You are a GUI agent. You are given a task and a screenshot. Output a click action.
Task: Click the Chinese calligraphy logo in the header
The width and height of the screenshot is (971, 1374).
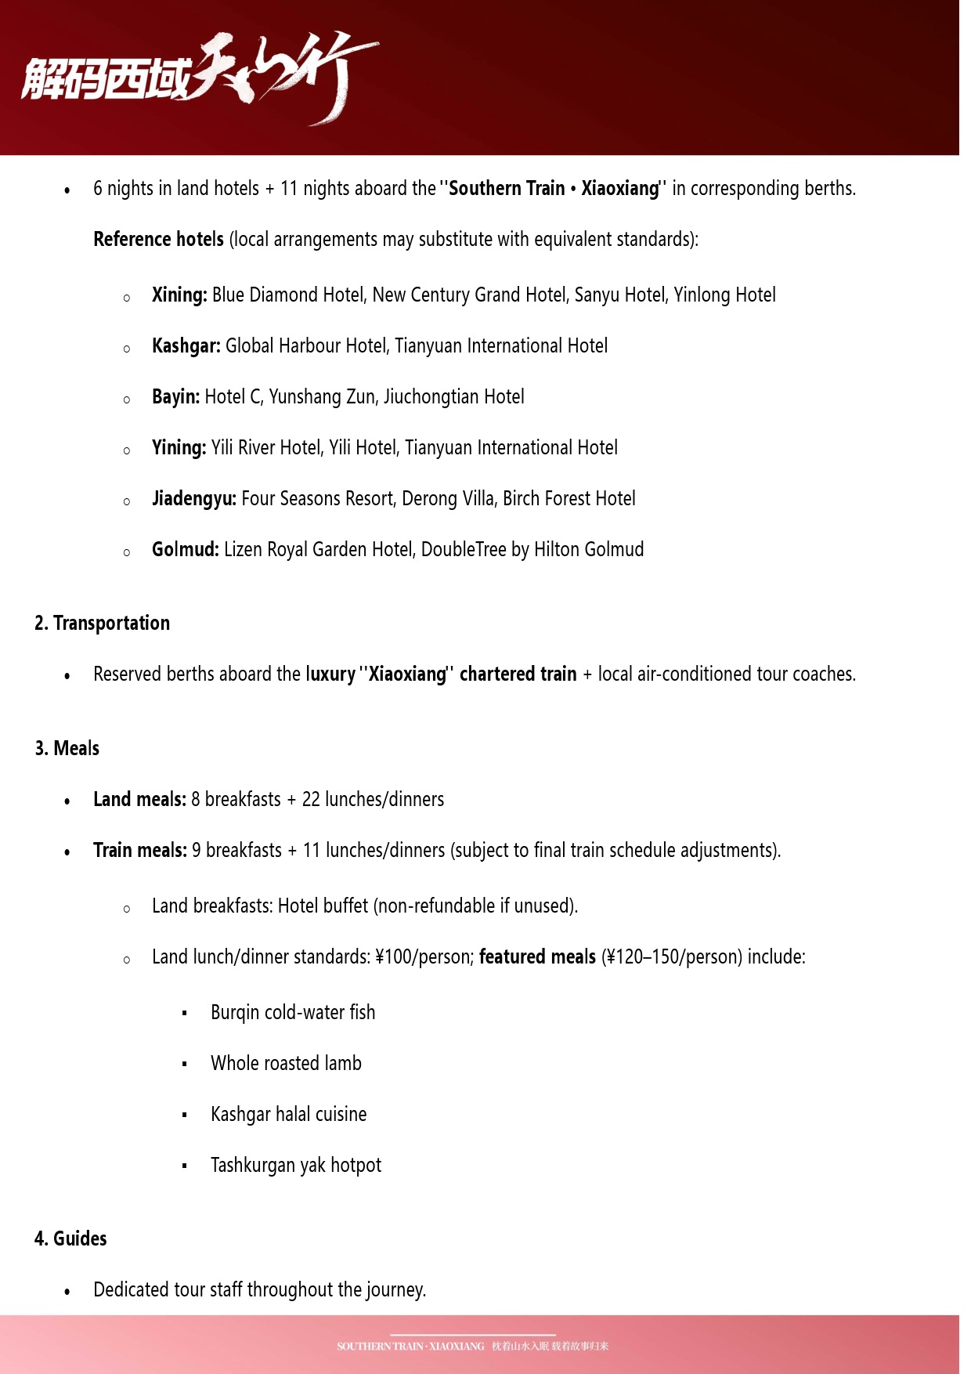point(200,78)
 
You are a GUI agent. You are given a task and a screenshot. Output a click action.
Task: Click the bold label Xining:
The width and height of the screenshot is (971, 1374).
point(179,295)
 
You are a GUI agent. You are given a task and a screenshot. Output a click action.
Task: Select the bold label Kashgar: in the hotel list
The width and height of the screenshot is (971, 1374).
point(186,346)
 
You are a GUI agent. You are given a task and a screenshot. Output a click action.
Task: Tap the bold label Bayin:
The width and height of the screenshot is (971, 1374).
point(175,397)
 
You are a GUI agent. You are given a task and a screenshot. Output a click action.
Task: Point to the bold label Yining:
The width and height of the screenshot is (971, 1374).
point(179,448)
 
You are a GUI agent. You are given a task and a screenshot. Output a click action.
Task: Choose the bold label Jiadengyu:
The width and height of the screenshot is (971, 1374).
point(193,499)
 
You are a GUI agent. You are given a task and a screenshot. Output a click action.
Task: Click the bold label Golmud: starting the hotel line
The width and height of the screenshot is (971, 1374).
point(185,550)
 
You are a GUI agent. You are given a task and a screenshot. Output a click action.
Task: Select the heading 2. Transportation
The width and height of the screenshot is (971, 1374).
point(102,624)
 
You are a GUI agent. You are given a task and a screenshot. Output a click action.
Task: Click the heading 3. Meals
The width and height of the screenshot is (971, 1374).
point(67,749)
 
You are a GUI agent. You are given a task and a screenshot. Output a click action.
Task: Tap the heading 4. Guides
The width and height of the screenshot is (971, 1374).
point(70,1239)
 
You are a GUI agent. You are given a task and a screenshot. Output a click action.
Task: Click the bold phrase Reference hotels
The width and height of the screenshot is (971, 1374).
point(158,240)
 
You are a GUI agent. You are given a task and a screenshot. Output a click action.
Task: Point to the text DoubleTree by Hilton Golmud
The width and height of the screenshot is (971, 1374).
point(532,550)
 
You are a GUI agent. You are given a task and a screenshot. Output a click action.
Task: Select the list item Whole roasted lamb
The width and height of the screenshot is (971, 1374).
point(286,1064)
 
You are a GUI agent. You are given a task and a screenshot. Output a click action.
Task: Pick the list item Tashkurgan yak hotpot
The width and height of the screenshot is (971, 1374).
point(295,1166)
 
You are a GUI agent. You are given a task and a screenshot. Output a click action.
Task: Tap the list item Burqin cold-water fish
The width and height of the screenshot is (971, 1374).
point(293,1013)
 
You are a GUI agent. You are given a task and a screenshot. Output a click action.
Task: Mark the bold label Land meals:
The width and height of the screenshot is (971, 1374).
point(139,800)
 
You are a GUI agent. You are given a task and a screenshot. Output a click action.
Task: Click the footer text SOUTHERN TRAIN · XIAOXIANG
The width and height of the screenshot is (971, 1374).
point(410,1347)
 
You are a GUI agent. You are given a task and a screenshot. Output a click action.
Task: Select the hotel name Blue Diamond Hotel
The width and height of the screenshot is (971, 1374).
point(287,295)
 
